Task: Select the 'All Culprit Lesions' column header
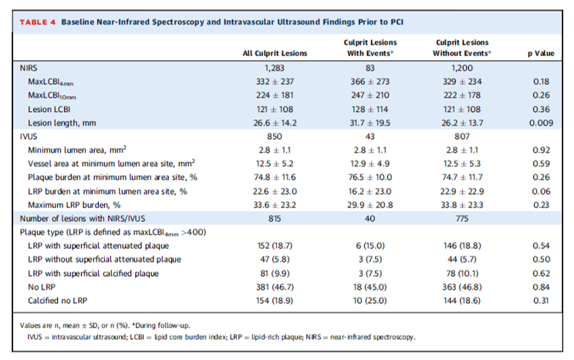274,53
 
